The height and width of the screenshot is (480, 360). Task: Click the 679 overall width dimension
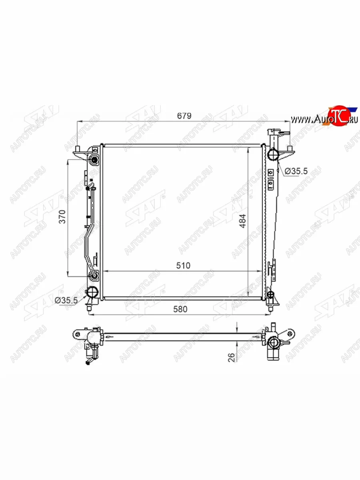click(x=184, y=116)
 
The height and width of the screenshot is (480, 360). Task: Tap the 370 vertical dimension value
click(x=62, y=216)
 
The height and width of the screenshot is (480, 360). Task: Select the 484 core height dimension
click(x=243, y=221)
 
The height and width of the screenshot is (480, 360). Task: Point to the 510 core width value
click(x=183, y=266)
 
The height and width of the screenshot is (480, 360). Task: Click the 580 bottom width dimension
click(x=180, y=309)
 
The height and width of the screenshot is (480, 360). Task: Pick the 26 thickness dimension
click(x=232, y=358)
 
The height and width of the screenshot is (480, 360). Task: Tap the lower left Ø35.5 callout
click(x=66, y=300)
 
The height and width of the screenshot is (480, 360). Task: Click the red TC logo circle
click(x=338, y=116)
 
